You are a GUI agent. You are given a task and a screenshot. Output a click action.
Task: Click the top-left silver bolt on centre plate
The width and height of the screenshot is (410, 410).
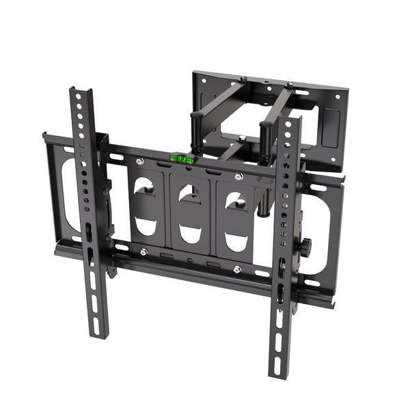tap(139, 161)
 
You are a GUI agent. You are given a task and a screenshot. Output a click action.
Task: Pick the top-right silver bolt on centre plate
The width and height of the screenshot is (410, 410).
tap(238, 177)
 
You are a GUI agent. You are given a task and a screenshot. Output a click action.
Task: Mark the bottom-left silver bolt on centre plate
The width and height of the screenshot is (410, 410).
tap(143, 252)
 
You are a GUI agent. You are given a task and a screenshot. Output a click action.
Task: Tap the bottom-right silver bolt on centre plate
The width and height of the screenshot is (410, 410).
tap(236, 269)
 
